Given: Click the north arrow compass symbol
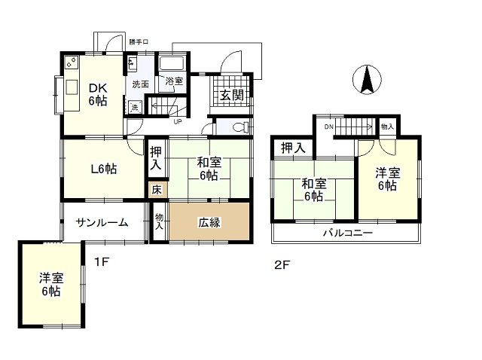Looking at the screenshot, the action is (367, 79).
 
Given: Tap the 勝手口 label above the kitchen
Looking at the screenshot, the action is (139, 42).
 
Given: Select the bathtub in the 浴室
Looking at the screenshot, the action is (172, 63).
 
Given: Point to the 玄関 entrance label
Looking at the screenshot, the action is (232, 95).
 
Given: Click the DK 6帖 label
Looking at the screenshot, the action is (98, 94).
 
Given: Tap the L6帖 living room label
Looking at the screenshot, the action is (104, 169).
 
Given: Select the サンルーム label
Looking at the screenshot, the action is (102, 222).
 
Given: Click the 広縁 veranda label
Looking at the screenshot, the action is (209, 222).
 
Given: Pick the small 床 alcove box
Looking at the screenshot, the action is (157, 190).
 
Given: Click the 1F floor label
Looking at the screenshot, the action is (102, 262).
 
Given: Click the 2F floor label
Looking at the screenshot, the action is (282, 264).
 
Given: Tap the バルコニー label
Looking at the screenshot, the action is (348, 233).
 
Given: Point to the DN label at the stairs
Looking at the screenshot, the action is (328, 127).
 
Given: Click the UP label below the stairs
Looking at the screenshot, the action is (178, 121).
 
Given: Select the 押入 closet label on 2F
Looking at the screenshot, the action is (293, 148).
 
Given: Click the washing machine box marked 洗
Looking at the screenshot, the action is (135, 108).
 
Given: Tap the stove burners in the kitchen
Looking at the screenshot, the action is (72, 62).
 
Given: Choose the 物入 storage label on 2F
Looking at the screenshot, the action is (386, 127).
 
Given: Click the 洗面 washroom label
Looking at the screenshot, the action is (141, 84).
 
